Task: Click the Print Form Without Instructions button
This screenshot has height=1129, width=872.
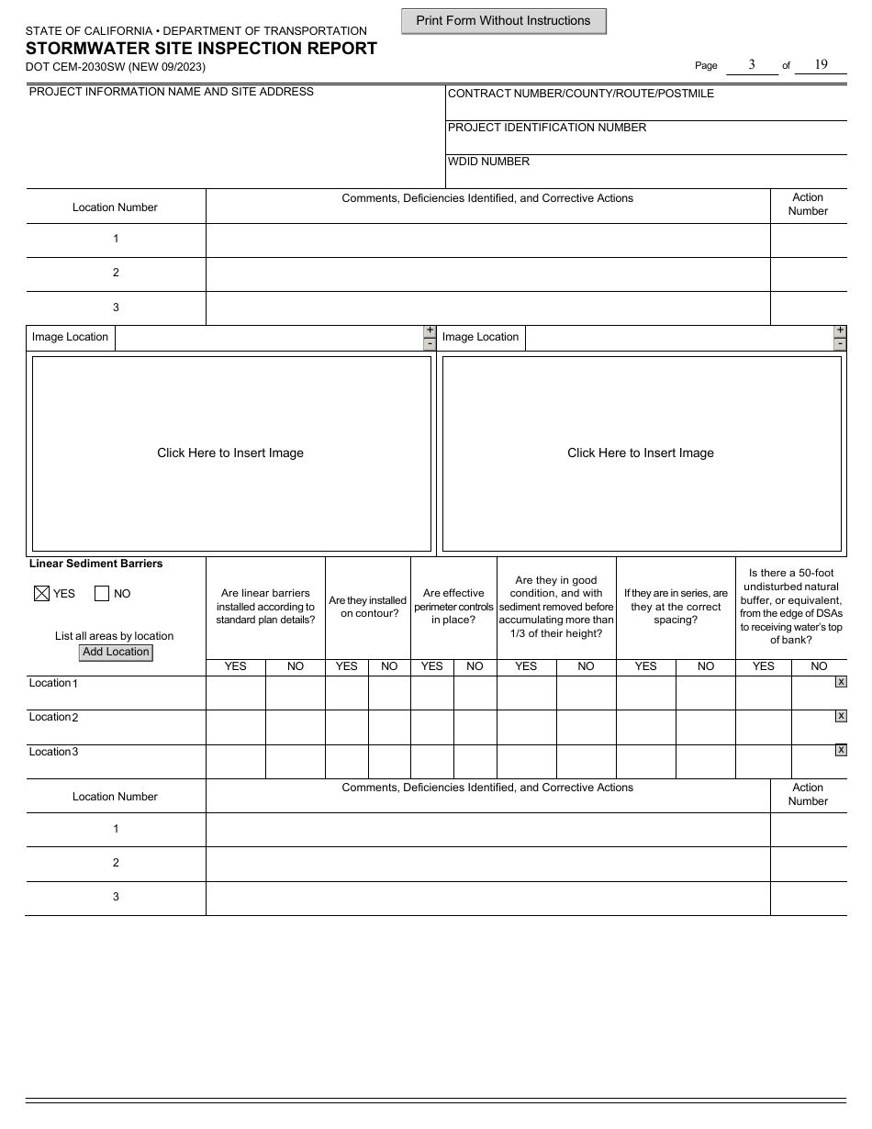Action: click(503, 21)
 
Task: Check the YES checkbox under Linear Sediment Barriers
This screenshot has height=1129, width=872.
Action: click(41, 594)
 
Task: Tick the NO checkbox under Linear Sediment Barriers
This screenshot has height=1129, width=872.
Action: click(102, 594)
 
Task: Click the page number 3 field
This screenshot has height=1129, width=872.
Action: click(751, 64)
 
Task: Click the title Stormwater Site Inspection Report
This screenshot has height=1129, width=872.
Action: click(201, 49)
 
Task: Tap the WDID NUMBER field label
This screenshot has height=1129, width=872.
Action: click(488, 162)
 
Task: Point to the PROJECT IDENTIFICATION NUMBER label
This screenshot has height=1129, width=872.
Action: click(547, 128)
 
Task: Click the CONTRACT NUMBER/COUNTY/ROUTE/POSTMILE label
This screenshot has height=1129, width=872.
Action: click(580, 94)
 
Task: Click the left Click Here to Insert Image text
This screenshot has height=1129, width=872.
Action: click(230, 453)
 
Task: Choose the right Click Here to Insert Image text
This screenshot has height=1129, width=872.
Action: click(641, 453)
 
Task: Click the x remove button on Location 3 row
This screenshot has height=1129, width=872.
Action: click(841, 750)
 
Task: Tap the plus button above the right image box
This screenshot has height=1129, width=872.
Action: click(840, 330)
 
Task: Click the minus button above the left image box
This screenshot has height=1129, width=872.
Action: click(430, 344)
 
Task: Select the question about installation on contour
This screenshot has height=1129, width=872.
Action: click(367, 607)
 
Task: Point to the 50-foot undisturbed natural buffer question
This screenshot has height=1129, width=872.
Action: click(791, 607)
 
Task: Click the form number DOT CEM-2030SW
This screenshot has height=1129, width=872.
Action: click(116, 67)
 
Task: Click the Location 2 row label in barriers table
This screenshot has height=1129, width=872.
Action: click(54, 717)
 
